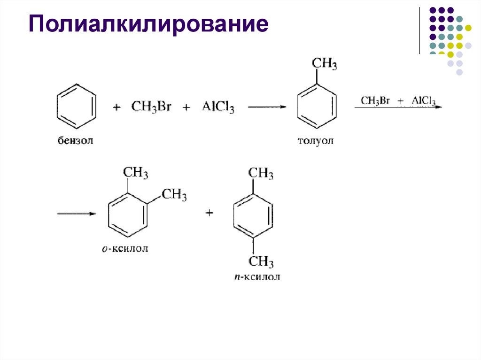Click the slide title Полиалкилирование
[149, 24]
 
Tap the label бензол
[76, 140]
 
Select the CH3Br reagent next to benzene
[151, 107]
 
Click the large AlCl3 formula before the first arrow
[218, 107]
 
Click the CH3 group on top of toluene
[324, 64]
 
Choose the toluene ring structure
[318, 107]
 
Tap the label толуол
[316, 141]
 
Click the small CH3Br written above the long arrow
[376, 101]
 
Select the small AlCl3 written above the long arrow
[424, 101]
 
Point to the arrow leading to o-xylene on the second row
[77, 214]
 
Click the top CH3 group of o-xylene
[135, 173]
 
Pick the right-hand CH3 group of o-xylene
[174, 194]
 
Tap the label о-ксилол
[125, 249]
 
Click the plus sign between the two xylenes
[209, 214]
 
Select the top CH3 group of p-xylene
[261, 173]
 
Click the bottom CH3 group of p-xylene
[261, 261]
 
